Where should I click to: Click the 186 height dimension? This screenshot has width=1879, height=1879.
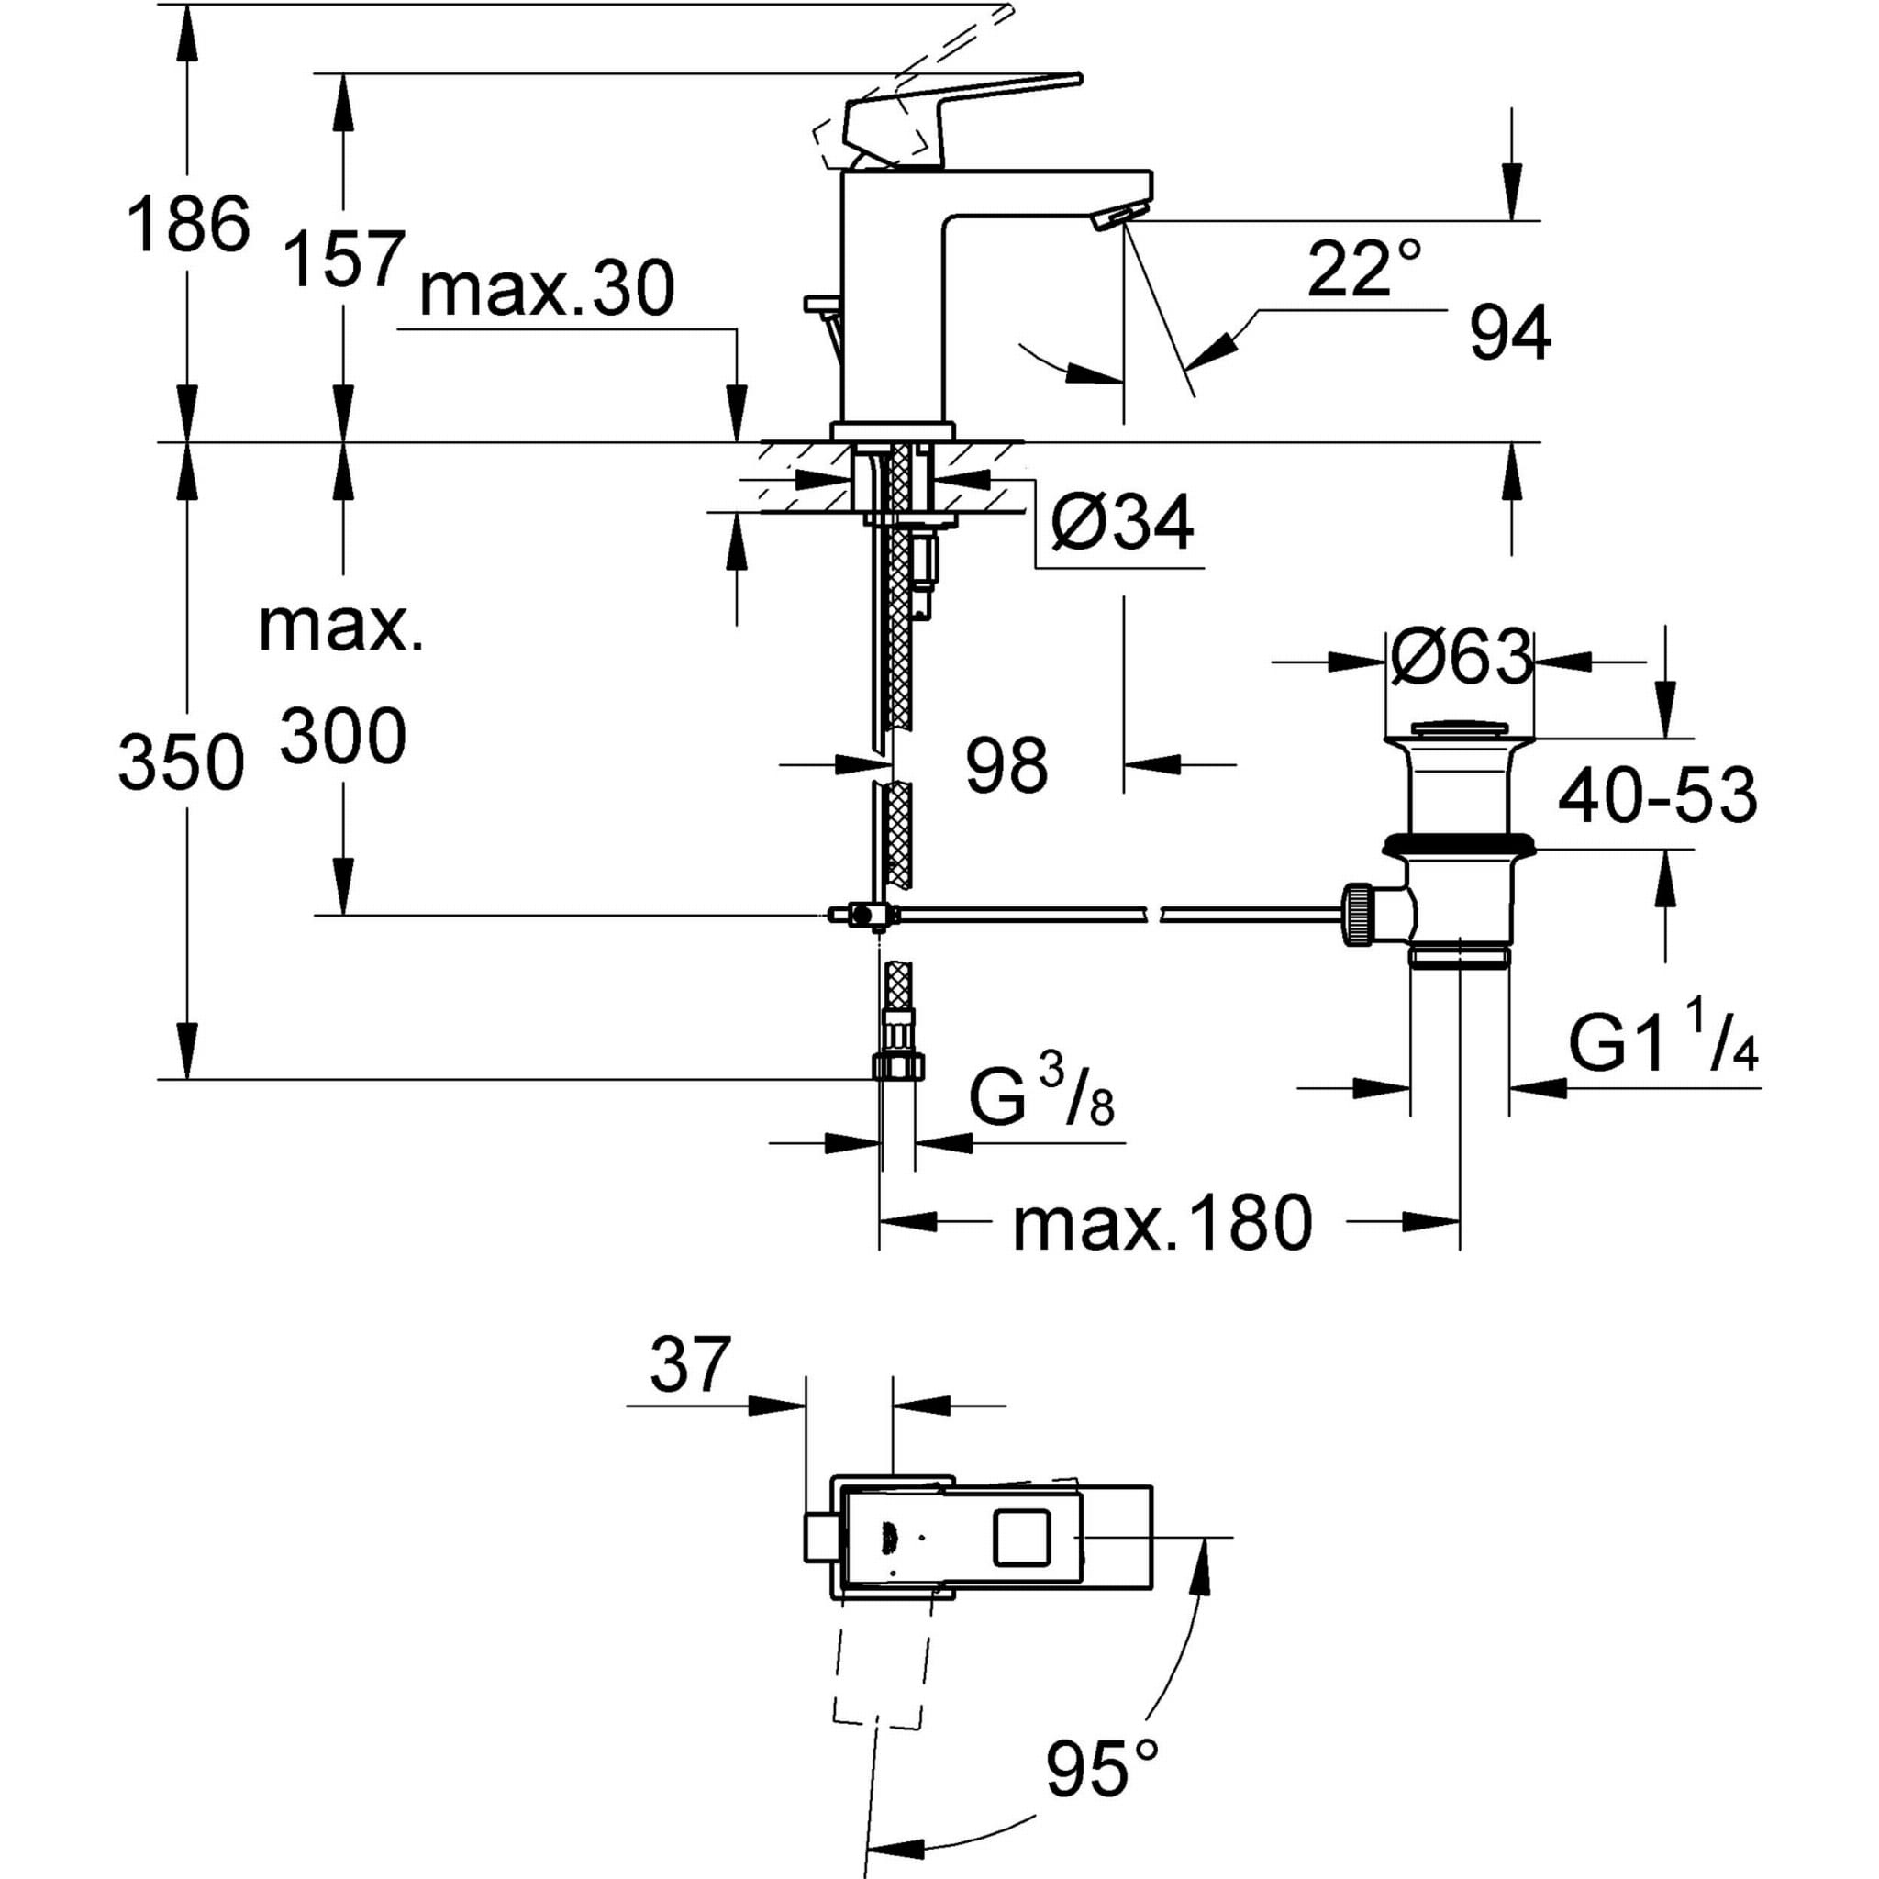[189, 225]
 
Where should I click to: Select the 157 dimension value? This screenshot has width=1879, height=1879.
[343, 260]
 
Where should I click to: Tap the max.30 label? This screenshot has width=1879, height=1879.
[547, 290]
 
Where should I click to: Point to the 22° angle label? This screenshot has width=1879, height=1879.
[1363, 270]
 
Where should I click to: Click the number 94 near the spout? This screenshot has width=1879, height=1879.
[1509, 335]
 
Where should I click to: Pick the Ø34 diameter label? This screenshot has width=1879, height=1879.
[1121, 523]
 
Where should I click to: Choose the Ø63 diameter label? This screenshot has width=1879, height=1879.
[1461, 659]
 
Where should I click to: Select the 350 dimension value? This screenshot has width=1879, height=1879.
[181, 762]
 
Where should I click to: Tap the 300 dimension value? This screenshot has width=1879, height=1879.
[343, 736]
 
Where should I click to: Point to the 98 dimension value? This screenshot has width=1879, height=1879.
[1006, 763]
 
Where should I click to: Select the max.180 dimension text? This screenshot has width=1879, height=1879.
[1162, 1224]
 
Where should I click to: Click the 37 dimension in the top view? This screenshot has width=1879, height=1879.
[690, 1365]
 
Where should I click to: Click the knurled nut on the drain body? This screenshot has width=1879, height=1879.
[1358, 914]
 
